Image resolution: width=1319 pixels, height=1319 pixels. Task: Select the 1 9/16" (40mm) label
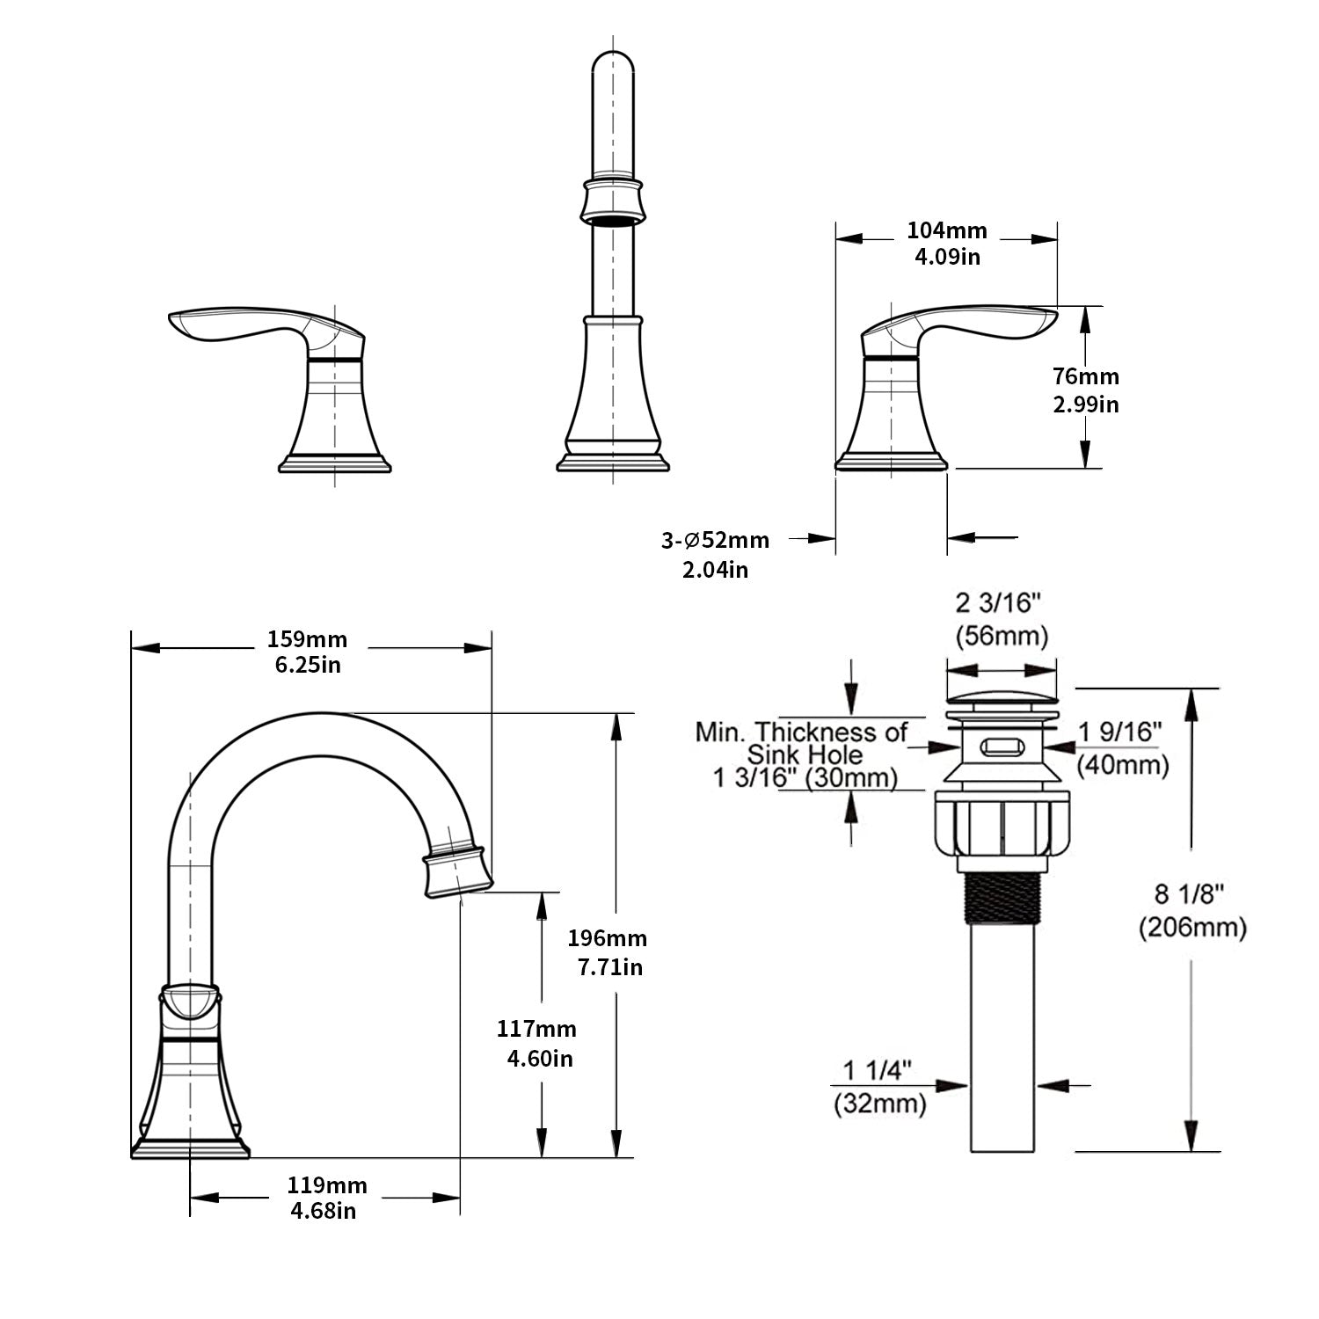(x=1122, y=747)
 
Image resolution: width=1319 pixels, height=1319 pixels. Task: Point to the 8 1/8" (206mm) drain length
(x=1191, y=910)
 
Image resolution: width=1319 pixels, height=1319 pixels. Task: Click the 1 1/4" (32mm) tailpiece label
(x=879, y=1087)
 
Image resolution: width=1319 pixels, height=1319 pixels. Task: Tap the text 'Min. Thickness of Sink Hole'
(x=802, y=743)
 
